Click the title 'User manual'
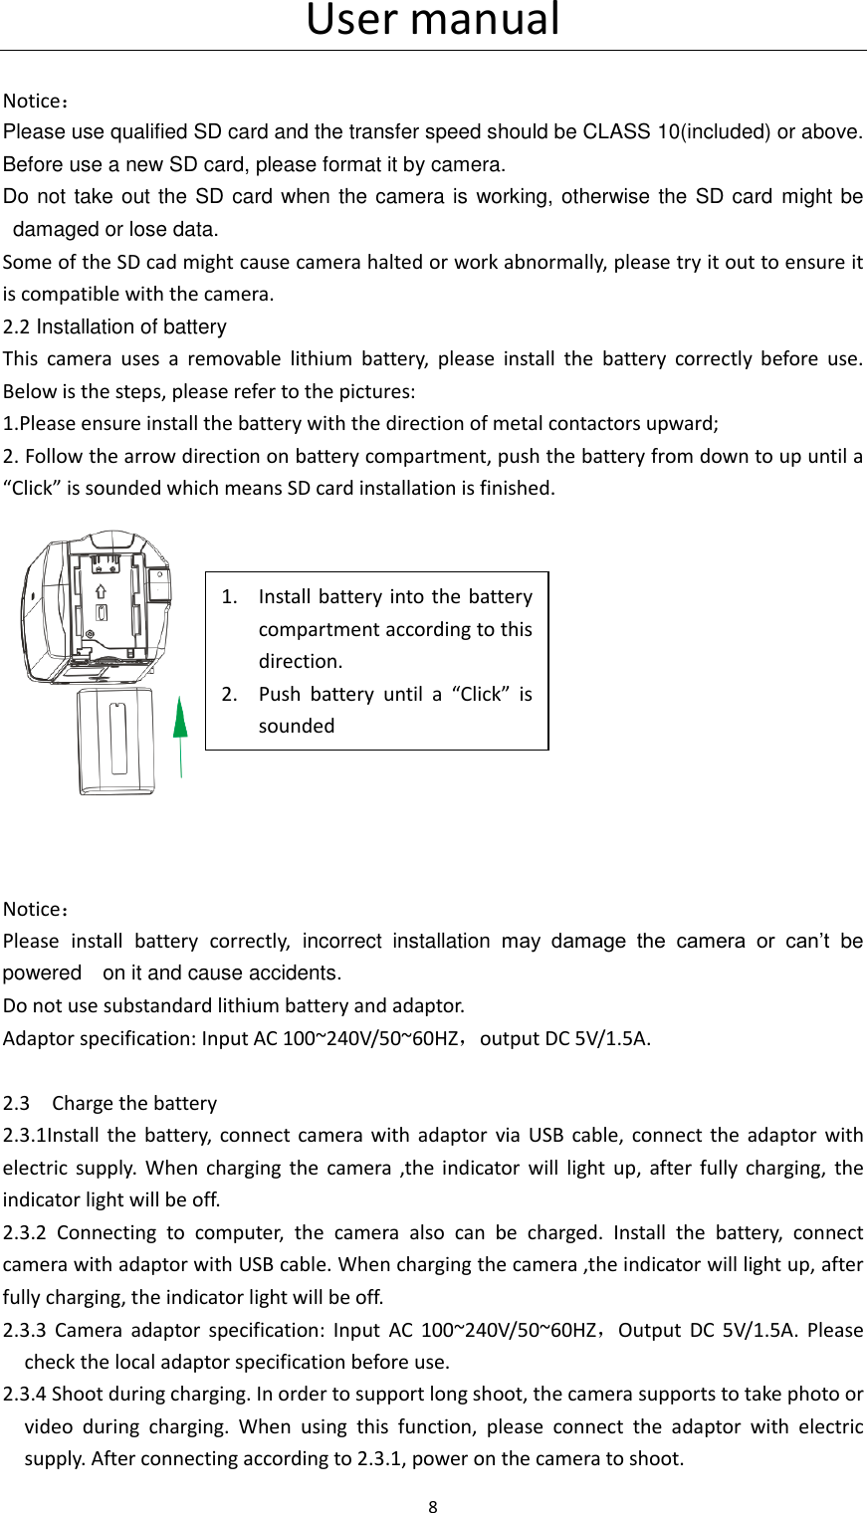433,20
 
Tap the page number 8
433,1506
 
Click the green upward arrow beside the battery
180,732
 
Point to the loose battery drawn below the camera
116,741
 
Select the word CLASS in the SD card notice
617,131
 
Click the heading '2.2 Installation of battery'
114,326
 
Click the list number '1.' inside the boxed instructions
229,596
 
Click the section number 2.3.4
25,1394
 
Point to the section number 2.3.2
25,1232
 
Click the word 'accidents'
293,973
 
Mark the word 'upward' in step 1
686,423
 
